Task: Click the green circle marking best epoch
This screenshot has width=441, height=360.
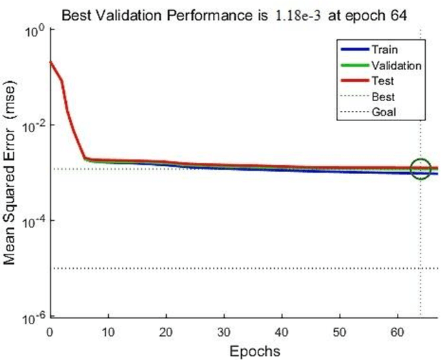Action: tap(420, 168)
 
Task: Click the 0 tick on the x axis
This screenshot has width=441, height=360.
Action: tap(50, 332)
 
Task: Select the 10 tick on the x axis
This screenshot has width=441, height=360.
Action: tap(107, 332)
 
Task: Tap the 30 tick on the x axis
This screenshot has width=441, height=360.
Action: tap(223, 332)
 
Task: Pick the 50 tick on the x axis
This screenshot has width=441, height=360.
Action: tap(339, 332)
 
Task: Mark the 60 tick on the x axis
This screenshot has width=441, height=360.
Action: tap(397, 332)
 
